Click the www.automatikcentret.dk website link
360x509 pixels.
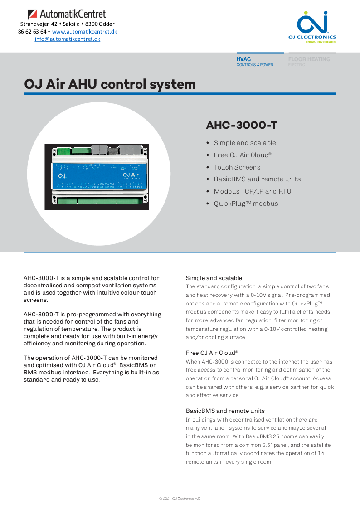84,32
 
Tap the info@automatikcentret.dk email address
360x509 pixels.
68,39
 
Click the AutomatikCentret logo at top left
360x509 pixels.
67,14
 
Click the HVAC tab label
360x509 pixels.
244,59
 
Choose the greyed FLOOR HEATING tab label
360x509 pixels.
309,59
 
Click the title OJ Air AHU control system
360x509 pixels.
110,84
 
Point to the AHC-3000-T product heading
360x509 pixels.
242,125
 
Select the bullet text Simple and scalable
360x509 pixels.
245,143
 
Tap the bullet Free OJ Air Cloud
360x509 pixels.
242,155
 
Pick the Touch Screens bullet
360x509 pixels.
237,167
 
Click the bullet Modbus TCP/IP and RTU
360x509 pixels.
253,191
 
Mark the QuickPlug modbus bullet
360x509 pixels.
246,204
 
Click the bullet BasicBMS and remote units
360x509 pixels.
257,179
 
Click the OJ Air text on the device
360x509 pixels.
131,174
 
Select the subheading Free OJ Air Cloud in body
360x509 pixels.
212,353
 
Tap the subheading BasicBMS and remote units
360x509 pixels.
225,411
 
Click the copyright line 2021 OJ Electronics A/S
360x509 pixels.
180,499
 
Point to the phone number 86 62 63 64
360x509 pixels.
32,32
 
